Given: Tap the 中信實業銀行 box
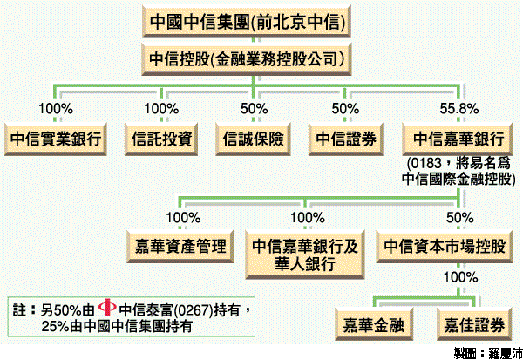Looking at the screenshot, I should (55, 139).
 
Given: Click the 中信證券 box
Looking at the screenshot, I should (346, 139).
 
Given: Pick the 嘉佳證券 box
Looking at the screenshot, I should (472, 326).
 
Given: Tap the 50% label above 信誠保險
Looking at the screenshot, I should (254, 108).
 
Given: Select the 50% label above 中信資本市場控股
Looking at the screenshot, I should (459, 216).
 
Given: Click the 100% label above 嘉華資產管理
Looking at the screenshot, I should (182, 216).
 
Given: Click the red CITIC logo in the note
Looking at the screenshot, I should (108, 308).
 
